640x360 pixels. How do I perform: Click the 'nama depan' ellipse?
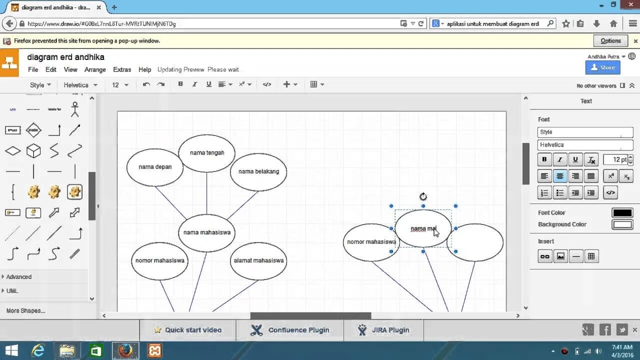point(155,167)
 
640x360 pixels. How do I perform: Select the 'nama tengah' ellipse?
point(207,153)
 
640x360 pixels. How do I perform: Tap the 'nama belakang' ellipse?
point(258,171)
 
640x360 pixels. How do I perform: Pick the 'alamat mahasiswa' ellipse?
point(258,260)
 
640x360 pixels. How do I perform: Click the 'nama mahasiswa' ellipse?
point(206,232)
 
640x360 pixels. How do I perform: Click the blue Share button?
point(602,67)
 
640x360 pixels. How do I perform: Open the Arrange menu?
point(95,69)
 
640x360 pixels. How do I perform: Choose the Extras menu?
point(122,69)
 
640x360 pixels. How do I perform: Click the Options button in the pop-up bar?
point(610,41)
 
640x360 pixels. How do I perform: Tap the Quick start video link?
point(193,330)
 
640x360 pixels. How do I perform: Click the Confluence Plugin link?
point(298,330)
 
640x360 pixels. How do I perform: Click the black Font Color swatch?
point(622,213)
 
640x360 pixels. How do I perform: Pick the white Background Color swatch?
point(622,224)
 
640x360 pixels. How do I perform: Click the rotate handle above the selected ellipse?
point(423,196)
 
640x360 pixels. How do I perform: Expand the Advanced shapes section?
point(19,277)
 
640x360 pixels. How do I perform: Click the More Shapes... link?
point(26,311)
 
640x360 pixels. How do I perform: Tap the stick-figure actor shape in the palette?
point(75,109)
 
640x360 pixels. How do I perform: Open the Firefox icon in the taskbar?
point(125,351)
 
